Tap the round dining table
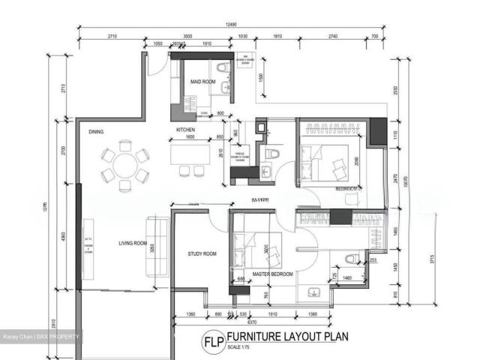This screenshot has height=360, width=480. point(124,166)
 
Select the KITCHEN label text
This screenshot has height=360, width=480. point(186,130)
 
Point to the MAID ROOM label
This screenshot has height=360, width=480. point(202,81)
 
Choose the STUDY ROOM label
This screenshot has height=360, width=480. point(202,254)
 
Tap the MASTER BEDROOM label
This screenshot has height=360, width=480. point(271,275)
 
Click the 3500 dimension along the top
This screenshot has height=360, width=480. point(187,36)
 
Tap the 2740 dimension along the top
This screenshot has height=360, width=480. point(333,36)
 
